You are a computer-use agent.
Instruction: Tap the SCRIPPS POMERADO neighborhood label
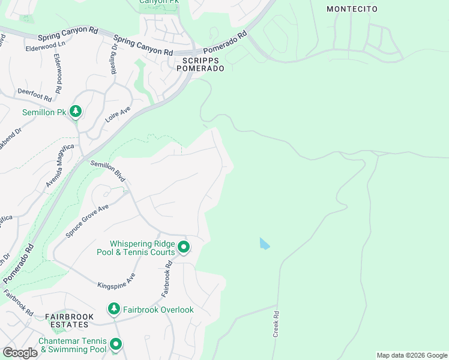tap(200, 64)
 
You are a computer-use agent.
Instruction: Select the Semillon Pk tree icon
tap(76, 111)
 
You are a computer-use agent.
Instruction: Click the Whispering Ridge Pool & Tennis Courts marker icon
tap(184, 247)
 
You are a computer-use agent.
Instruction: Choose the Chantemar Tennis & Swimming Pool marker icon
tap(115, 344)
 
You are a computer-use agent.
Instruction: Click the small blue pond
tap(264, 244)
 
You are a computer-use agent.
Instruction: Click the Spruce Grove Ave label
tap(86, 220)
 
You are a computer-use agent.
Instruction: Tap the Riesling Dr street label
tap(113, 59)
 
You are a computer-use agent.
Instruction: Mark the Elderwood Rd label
tap(58, 73)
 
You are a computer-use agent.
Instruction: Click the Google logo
tap(20, 352)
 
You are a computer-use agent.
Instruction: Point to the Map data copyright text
tap(411, 355)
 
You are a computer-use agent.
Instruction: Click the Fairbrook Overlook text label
tap(158, 310)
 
